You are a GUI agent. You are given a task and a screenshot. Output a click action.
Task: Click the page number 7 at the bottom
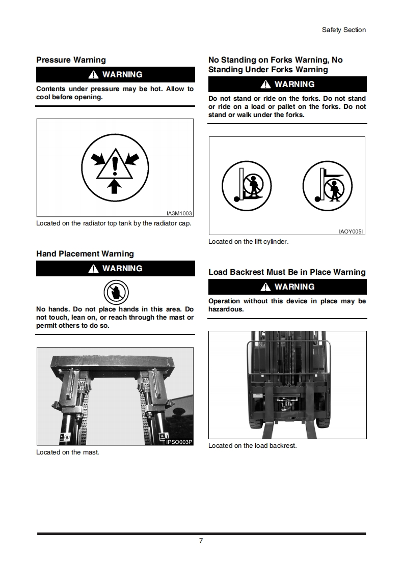pos(201,540)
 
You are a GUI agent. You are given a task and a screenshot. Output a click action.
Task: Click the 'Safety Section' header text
pos(343,30)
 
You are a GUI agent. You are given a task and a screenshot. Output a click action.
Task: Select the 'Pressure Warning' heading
pos(71,60)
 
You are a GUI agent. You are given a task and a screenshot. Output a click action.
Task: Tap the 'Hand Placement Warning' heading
pos(85,254)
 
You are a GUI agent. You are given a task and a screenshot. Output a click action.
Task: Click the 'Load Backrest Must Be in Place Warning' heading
pos(287,272)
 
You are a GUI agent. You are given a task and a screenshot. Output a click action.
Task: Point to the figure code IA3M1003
pos(179,214)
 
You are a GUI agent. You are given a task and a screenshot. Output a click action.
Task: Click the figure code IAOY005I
pos(351,232)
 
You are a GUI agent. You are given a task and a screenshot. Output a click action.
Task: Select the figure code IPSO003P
pos(179,442)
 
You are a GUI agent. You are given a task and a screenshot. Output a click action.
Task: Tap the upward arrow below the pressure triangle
pos(115,186)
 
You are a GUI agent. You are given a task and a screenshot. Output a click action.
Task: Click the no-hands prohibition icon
pos(116,292)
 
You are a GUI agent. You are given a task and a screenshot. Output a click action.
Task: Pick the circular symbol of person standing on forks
pos(247,186)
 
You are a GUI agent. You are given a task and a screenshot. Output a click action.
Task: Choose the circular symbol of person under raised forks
pos(328,186)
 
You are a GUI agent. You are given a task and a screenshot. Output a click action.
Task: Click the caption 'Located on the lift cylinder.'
pos(248,242)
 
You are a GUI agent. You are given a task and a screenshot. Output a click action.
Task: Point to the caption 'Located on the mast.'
pos(67,452)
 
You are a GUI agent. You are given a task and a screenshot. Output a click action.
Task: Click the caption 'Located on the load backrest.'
pos(252,446)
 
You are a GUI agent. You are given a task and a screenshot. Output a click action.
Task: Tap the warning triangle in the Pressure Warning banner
pos(93,75)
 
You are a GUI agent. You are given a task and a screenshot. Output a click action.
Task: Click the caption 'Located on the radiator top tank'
pos(114,223)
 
